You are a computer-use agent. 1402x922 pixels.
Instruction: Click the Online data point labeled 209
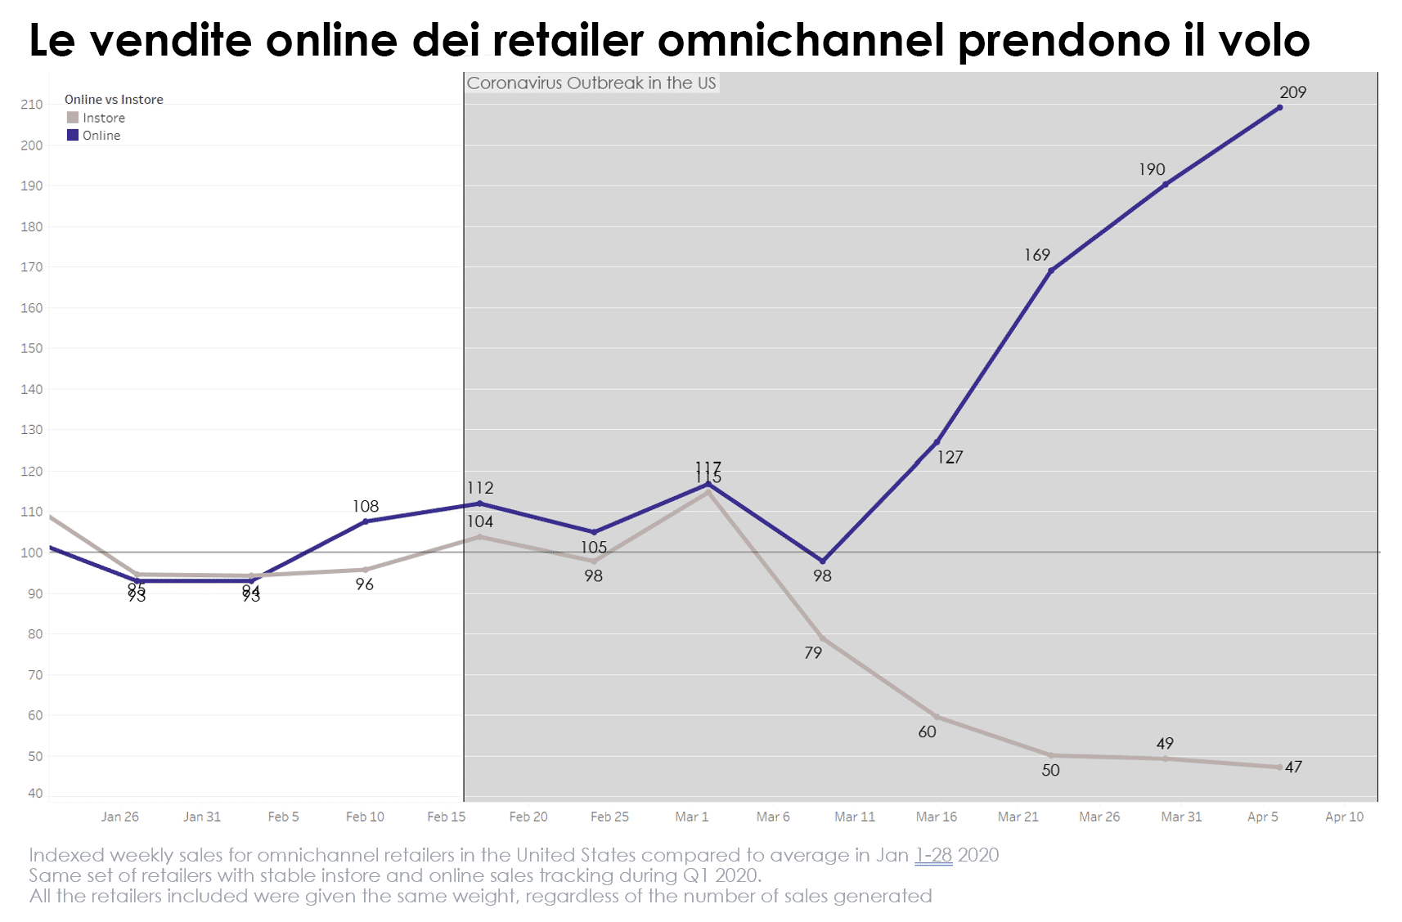tap(1279, 107)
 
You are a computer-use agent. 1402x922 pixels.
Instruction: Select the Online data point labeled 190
tap(1165, 185)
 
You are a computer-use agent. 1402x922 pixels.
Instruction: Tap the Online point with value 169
tap(1051, 271)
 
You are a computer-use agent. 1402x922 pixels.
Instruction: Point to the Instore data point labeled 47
tap(1279, 767)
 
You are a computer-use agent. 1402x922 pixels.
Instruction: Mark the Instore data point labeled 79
tap(823, 638)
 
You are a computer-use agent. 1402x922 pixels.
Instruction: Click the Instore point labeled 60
tap(937, 717)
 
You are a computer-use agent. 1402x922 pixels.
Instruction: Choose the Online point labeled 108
tap(365, 521)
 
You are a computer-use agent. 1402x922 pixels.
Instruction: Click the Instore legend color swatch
tap(73, 118)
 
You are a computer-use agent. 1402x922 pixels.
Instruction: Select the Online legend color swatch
tap(73, 136)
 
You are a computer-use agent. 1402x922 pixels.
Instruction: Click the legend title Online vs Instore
tap(114, 100)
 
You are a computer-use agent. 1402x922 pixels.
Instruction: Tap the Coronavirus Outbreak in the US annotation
tap(591, 83)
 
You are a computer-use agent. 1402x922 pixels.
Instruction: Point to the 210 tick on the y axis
tap(32, 105)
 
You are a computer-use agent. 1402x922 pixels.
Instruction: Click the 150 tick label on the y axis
tap(32, 348)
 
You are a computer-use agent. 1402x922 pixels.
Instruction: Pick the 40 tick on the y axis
tap(35, 793)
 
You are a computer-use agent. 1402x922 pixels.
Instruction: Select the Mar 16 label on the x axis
tap(936, 817)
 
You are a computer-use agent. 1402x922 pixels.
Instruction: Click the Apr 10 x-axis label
tap(1344, 817)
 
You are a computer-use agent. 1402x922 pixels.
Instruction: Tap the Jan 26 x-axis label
tap(120, 817)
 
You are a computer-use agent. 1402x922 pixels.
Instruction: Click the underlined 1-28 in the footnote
tap(933, 856)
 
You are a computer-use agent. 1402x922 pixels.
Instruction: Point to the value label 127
tap(950, 458)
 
